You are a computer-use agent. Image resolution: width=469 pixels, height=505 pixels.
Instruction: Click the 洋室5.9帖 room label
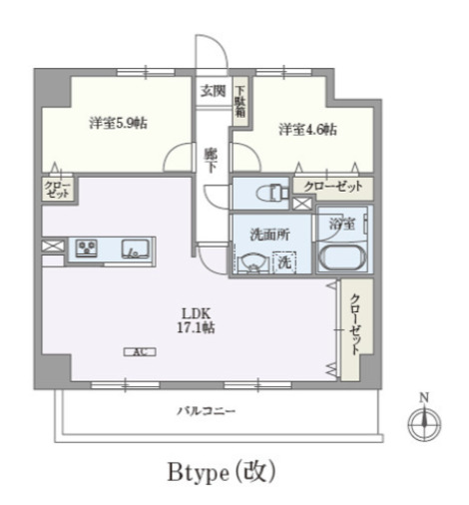(117, 123)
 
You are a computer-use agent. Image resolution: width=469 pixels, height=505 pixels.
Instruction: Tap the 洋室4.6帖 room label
(306, 129)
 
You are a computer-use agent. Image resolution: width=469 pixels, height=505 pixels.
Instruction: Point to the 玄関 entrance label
(212, 91)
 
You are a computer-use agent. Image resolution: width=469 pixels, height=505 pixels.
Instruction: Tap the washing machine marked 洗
(284, 262)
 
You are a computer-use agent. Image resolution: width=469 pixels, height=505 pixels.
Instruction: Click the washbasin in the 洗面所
(251, 262)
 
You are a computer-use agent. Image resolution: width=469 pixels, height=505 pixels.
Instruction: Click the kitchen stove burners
(86, 249)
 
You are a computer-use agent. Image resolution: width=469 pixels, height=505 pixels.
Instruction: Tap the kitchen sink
(132, 249)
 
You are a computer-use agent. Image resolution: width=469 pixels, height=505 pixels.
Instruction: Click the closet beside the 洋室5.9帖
(56, 190)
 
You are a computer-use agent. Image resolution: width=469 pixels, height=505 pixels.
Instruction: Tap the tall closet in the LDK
(353, 329)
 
